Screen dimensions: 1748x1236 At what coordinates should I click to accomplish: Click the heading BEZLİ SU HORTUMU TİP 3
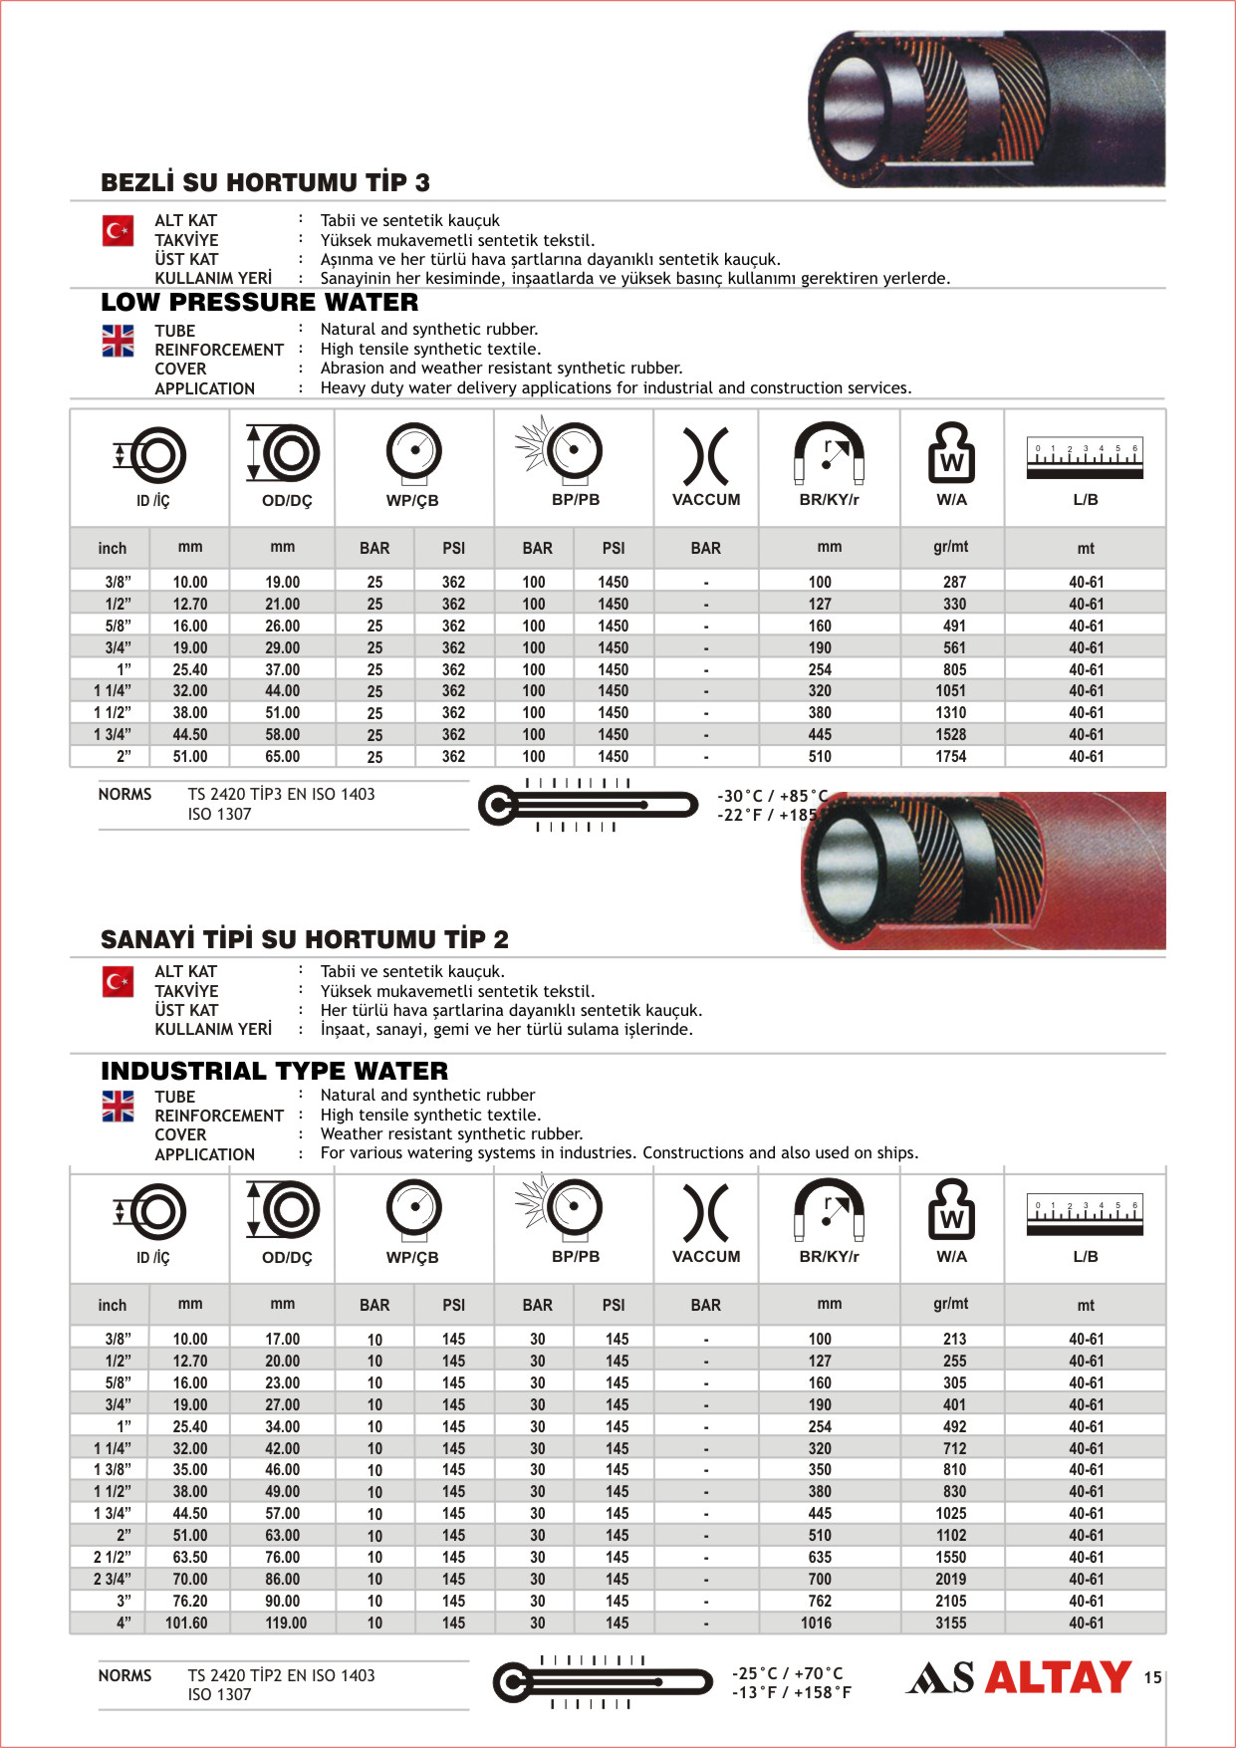point(265,182)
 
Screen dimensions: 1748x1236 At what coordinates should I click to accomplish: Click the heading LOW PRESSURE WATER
point(259,302)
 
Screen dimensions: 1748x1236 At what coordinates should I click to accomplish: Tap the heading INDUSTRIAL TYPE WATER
point(274,1071)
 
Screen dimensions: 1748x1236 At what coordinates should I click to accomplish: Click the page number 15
point(1152,1677)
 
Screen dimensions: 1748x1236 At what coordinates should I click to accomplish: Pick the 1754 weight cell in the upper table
point(950,757)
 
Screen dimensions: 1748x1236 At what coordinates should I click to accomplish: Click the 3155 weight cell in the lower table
point(950,1623)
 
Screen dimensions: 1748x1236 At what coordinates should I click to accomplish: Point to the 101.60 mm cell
point(186,1623)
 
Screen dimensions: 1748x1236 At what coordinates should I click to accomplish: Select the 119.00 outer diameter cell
point(286,1623)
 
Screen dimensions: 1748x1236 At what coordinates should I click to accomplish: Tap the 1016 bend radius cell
point(816,1623)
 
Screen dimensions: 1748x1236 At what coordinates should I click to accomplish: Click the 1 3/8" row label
point(113,1470)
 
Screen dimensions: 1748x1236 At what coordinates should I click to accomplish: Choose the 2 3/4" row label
point(113,1579)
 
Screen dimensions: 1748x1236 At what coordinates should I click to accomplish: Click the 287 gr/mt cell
point(954,582)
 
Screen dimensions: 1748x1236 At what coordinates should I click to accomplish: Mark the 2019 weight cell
point(950,1579)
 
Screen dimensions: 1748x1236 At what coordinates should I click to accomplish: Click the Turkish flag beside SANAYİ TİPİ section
point(118,982)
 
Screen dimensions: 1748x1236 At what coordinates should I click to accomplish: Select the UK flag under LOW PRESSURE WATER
point(118,341)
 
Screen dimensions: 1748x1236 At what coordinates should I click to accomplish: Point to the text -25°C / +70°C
point(787,1673)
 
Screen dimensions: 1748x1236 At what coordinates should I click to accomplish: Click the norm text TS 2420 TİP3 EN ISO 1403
point(281,794)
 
